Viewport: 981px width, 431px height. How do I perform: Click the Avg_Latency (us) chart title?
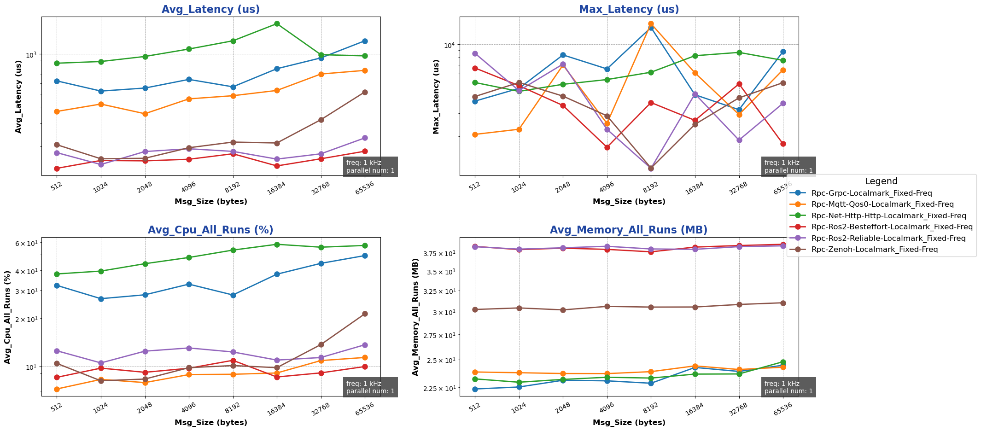coord(210,10)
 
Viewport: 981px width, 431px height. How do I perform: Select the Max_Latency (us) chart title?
coord(629,10)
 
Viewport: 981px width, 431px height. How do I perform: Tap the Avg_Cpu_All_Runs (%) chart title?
coord(210,230)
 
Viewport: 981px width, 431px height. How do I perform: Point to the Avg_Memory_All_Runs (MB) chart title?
coord(629,230)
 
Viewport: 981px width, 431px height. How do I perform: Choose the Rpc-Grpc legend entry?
coord(875,193)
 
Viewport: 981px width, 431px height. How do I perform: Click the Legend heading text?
coord(881,181)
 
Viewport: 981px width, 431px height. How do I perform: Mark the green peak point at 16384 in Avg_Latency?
coord(277,23)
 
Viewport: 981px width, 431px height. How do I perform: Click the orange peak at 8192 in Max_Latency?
coord(651,23)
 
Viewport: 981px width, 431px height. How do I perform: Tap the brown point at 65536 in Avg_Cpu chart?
coord(365,314)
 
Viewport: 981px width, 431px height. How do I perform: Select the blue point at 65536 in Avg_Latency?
coord(365,41)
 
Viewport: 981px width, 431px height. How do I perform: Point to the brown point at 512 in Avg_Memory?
coord(475,309)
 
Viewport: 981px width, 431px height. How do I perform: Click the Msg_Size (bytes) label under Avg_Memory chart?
coord(629,423)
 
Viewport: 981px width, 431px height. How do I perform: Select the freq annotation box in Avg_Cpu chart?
coord(370,387)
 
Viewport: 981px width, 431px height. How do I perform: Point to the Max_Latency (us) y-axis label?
coord(436,96)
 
